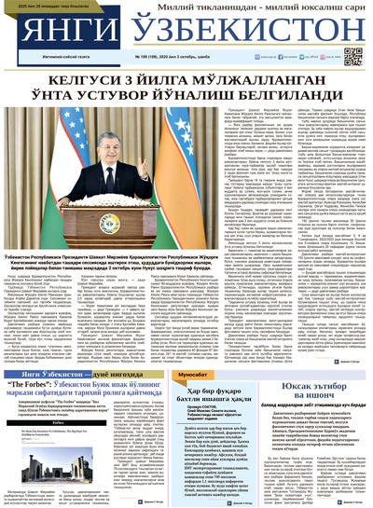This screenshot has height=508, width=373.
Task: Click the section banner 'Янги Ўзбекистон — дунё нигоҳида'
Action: click(70, 374)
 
